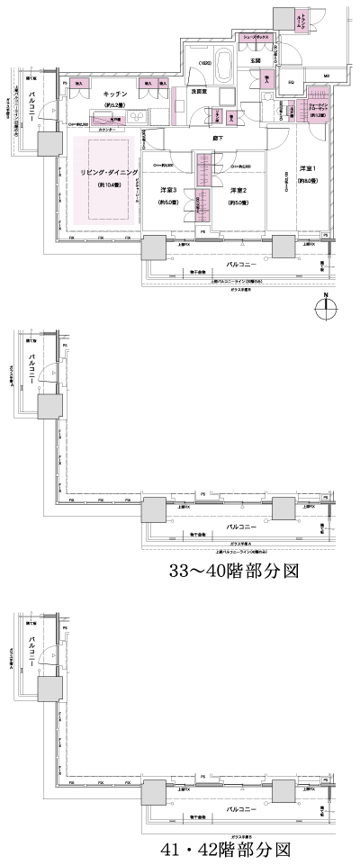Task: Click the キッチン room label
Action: click(113, 94)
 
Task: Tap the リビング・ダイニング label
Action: click(97, 171)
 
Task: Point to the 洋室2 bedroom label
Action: click(238, 190)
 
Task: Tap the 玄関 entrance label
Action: click(255, 60)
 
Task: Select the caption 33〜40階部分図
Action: click(233, 572)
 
